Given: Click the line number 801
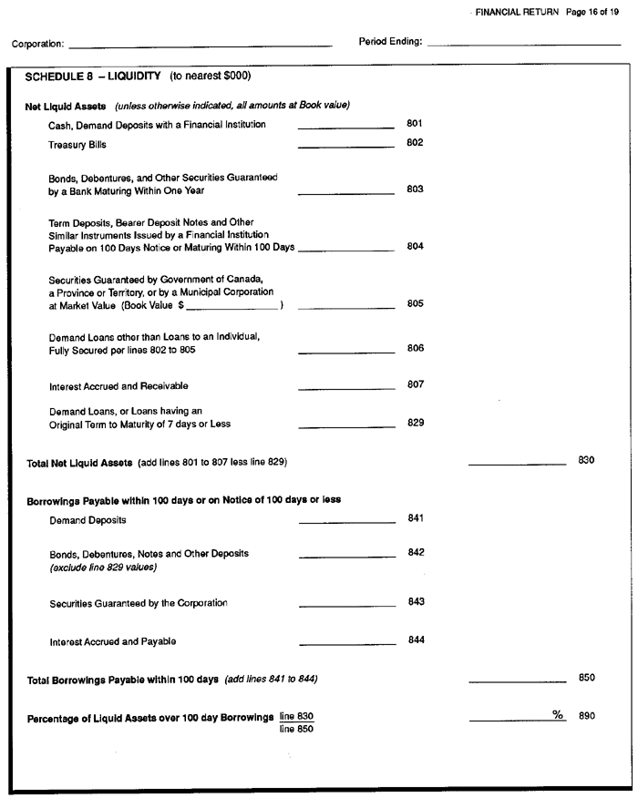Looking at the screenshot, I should (x=415, y=123).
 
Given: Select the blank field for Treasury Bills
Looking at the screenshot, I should (x=345, y=146).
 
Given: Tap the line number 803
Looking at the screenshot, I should (x=415, y=189).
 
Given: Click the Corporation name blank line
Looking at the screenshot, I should (x=200, y=45).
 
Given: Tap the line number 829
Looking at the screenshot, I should (x=415, y=423).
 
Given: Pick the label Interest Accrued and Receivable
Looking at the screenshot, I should (x=118, y=386).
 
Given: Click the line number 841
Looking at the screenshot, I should (x=415, y=518).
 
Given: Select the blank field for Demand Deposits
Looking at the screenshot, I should (x=347, y=523).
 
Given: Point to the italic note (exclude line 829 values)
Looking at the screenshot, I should (x=103, y=568).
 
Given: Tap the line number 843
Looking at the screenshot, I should (x=415, y=601).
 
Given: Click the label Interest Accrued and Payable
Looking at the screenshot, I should (x=113, y=642).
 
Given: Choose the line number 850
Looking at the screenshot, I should (x=587, y=678).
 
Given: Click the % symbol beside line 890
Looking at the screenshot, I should (x=558, y=715).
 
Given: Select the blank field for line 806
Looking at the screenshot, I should (x=346, y=352).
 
